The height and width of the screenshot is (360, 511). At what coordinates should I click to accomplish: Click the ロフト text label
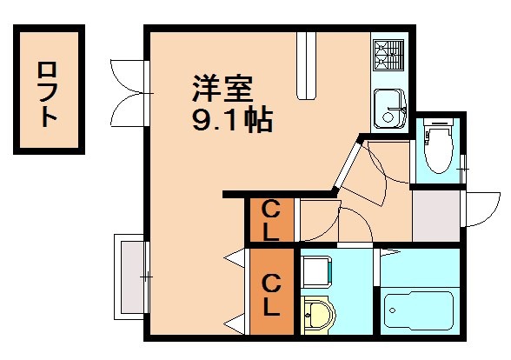pyautogui.click(x=49, y=90)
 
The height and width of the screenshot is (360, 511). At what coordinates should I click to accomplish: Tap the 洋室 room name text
pyautogui.click(x=222, y=90)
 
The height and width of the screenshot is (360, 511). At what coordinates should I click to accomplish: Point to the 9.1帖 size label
pyautogui.click(x=231, y=118)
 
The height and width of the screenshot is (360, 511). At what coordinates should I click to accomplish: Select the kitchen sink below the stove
pyautogui.click(x=388, y=108)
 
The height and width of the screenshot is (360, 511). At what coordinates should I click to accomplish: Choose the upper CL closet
pyautogui.click(x=271, y=221)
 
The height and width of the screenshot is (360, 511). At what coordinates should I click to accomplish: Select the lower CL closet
pyautogui.click(x=271, y=295)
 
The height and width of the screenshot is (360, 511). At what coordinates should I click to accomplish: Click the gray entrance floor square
pyautogui.click(x=435, y=215)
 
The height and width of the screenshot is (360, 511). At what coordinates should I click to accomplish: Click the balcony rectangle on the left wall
pyautogui.click(x=130, y=277)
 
